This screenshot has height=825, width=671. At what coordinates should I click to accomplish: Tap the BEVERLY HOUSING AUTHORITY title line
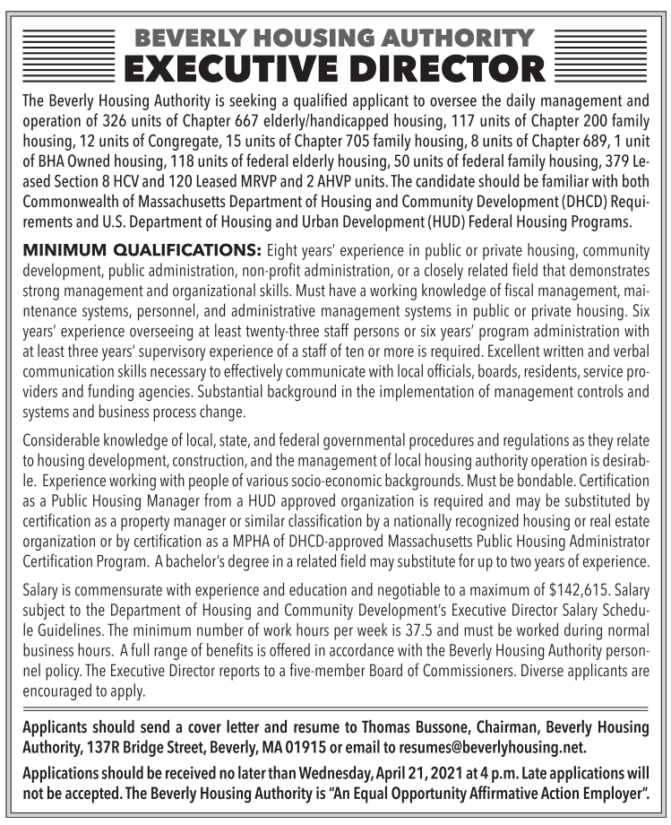pyautogui.click(x=333, y=38)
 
